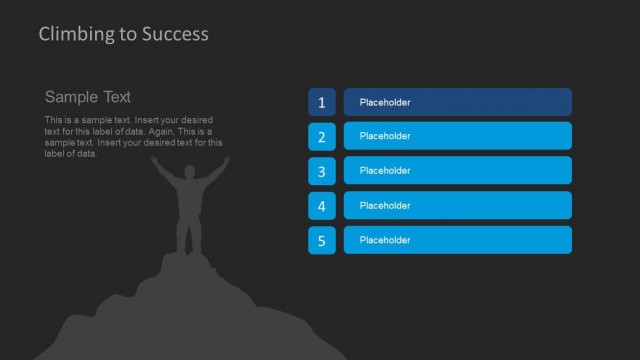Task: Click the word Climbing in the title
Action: click(x=74, y=34)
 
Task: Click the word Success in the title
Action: click(x=176, y=34)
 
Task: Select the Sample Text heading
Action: click(x=88, y=97)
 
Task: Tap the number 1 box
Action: click(x=321, y=102)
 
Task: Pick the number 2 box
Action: click(x=321, y=137)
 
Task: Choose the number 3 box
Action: click(x=321, y=171)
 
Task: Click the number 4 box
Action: click(x=321, y=206)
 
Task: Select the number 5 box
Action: click(x=321, y=240)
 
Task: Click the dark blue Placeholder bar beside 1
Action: click(x=457, y=102)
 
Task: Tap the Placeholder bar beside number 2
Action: click(x=457, y=136)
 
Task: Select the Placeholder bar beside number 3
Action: click(x=457, y=171)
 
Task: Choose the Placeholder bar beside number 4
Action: click(x=457, y=205)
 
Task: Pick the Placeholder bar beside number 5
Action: click(x=457, y=240)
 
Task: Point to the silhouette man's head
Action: click(x=190, y=173)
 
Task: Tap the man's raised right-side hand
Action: click(x=226, y=159)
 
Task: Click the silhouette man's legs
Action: click(x=188, y=235)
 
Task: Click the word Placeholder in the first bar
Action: click(x=385, y=102)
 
